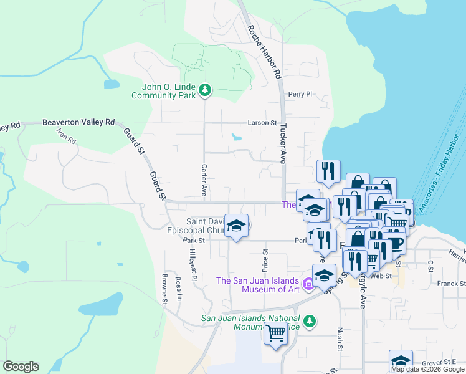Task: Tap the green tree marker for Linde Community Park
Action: click(205, 92)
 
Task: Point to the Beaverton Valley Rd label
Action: click(78, 123)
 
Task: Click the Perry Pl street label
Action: click(299, 94)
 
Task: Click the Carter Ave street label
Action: click(204, 178)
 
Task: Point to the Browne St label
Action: click(164, 289)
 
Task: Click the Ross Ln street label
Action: click(178, 288)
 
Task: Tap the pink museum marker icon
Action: click(307, 285)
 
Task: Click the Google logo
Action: click(21, 367)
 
